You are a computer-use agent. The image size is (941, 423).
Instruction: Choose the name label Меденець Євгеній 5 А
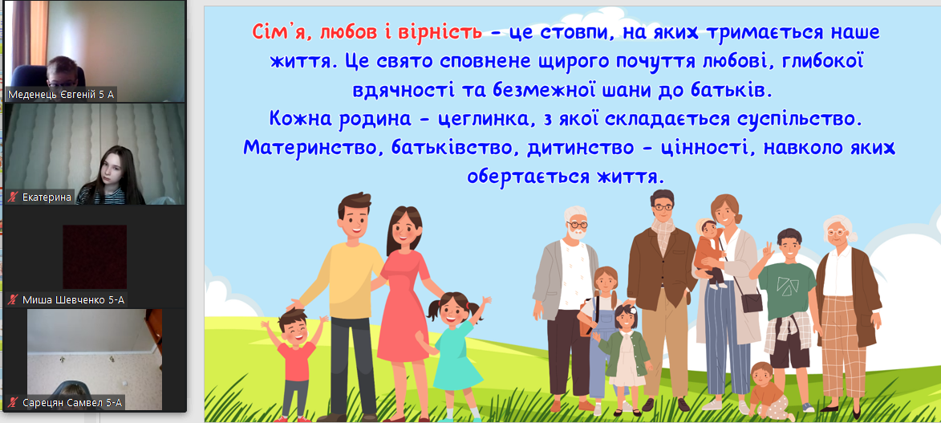[60, 95]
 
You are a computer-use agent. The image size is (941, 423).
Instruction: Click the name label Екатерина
[47, 197]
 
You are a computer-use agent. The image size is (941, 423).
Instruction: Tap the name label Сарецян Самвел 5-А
[71, 403]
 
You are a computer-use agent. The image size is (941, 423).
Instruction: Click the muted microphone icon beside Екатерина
[13, 197]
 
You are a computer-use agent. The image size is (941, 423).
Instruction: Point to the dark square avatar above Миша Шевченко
[94, 257]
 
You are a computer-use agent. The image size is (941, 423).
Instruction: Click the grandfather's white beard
[575, 233]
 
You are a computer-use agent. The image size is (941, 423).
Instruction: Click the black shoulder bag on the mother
[752, 301]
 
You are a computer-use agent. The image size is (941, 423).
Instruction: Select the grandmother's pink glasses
[837, 231]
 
